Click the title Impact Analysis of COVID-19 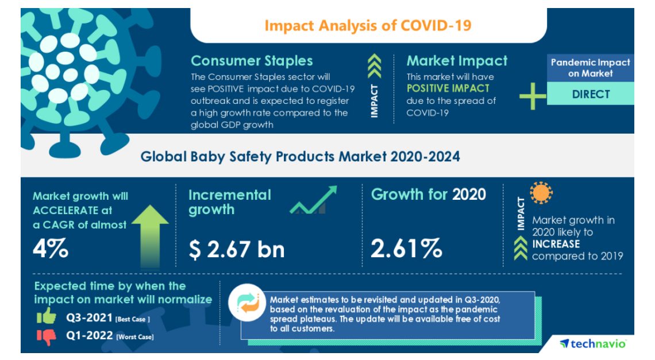pyautogui.click(x=368, y=26)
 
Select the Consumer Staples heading pyautogui.click(x=252, y=61)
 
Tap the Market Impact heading pyautogui.click(x=457, y=61)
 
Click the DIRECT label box pyautogui.click(x=590, y=94)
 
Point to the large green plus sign pyautogui.click(x=533, y=95)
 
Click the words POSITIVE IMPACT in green pyautogui.click(x=448, y=88)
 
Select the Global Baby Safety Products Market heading pyautogui.click(x=300, y=156)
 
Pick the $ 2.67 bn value pyautogui.click(x=236, y=249)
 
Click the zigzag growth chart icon pyautogui.click(x=313, y=200)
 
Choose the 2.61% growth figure pyautogui.click(x=406, y=249)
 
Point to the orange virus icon pyautogui.click(x=541, y=194)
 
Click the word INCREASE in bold pyautogui.click(x=556, y=244)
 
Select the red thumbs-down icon pyautogui.click(x=46, y=336)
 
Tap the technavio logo pyautogui.click(x=592, y=343)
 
